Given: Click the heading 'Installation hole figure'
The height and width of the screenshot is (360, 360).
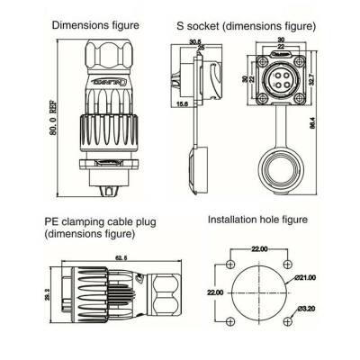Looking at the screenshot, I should (x=258, y=220).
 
